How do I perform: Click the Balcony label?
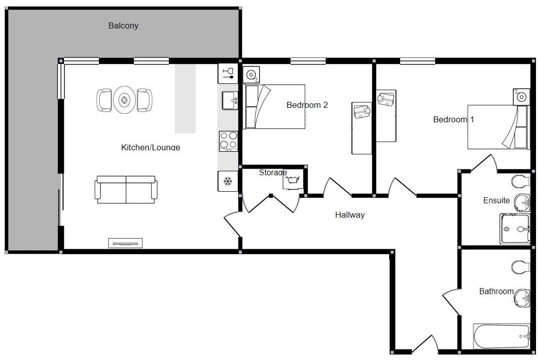coord(123,25)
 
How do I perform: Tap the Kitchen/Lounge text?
coord(150,147)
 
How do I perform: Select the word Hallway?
coord(350,215)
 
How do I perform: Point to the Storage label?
coord(273,173)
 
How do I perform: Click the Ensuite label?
coord(497,200)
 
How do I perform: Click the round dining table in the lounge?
coord(124,100)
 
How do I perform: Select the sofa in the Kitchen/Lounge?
coord(126,190)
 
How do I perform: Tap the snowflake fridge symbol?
coord(228,181)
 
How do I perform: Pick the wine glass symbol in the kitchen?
coord(228,74)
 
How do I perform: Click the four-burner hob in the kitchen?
coord(228,141)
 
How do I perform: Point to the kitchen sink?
coord(230,100)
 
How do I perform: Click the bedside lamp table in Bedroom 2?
coord(251,75)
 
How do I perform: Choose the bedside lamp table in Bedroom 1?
coord(521,96)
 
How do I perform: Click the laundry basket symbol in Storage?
coord(292,182)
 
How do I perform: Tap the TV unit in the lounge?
coord(125,243)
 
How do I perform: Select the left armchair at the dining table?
coord(104,100)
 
